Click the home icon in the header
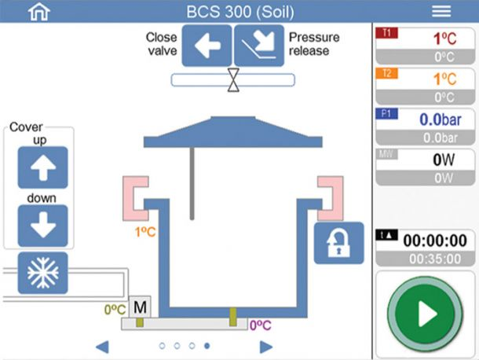point(38,11)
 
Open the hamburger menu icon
point(441,11)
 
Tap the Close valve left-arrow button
point(207,45)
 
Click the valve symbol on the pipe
point(233,79)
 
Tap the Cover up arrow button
point(42,167)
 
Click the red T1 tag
point(388,32)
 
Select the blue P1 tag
point(388,114)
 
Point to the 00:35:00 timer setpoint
point(424,259)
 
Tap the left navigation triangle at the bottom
point(101,346)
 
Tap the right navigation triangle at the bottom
point(266,346)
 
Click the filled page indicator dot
point(207,345)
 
